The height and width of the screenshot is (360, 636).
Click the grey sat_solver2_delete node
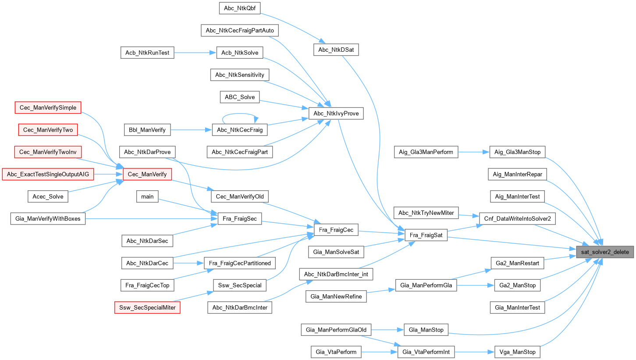[x=605, y=252]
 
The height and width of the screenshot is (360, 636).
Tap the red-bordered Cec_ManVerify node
[x=147, y=174]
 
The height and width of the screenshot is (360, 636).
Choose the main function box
[x=147, y=196]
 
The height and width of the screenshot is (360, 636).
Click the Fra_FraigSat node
[x=426, y=235]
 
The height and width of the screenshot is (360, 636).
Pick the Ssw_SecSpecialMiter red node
[x=147, y=307]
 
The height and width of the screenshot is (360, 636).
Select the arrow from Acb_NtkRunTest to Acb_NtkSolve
[x=195, y=53]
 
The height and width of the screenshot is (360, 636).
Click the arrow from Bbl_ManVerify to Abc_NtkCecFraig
[x=191, y=130]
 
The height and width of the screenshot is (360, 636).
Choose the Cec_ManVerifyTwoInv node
[x=48, y=152]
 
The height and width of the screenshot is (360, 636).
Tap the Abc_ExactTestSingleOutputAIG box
[x=48, y=174]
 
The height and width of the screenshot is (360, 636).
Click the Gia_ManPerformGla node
[x=426, y=285]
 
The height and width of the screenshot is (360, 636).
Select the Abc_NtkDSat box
[x=336, y=50]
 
